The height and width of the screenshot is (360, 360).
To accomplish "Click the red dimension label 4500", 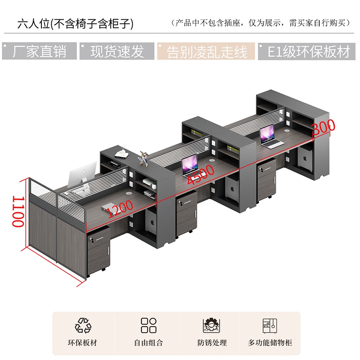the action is pos(201,175).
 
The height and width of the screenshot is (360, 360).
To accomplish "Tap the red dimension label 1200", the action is pos(120,208).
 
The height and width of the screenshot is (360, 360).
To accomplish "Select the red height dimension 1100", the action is pos(18,211).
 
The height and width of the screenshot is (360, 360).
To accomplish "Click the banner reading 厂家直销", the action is pos(39,51).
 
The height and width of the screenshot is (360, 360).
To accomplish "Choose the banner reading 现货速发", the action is pos(117,51).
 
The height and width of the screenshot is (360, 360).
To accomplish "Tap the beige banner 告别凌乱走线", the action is pos(206,51).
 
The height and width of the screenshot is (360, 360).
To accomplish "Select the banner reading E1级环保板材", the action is pos(306,51).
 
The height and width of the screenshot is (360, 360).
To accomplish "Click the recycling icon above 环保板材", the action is pos(83,325).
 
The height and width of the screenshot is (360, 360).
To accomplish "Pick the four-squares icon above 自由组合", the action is pos(148,325).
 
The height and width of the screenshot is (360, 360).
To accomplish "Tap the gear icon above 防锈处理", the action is pos(211,325).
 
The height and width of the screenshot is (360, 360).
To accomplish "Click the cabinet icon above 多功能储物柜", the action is pos(270,325).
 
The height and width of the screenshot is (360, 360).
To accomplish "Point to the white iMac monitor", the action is pos(83,174).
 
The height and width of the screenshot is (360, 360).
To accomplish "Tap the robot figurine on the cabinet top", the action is pos(144,158).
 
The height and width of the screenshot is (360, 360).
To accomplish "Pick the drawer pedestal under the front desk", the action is pos(98,250).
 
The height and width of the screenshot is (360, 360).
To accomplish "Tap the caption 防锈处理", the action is pos(212,343).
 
